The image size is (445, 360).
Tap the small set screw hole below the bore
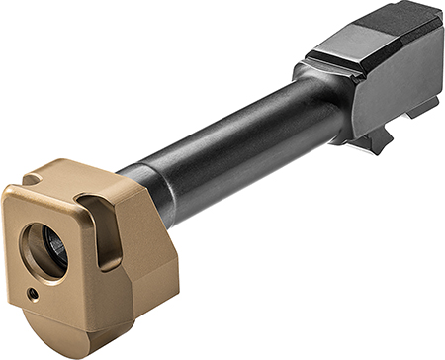(33, 293)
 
